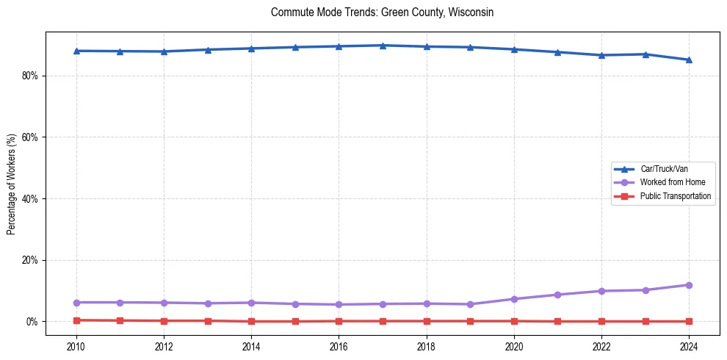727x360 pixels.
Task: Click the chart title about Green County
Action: pos(382,12)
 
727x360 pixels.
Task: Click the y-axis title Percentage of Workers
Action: pos(11,184)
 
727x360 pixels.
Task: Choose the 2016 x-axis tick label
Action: pos(339,345)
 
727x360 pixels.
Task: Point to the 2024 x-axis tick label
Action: pos(689,345)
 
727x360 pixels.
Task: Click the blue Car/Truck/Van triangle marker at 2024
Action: pos(689,60)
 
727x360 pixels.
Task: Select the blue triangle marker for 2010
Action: pos(76,51)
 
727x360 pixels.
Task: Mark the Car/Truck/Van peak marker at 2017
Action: pos(383,46)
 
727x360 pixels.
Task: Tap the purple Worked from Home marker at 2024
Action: pos(689,285)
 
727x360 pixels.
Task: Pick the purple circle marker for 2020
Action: pos(514,299)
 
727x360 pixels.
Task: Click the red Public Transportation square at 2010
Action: pos(76,320)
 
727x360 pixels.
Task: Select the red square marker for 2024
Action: pos(689,321)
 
